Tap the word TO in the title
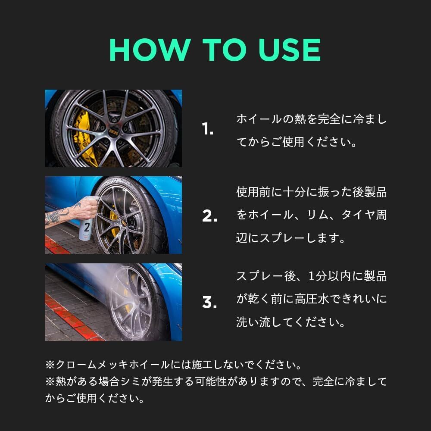(219, 50)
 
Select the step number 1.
(208, 129)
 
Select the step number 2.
(209, 216)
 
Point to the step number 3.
(209, 303)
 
